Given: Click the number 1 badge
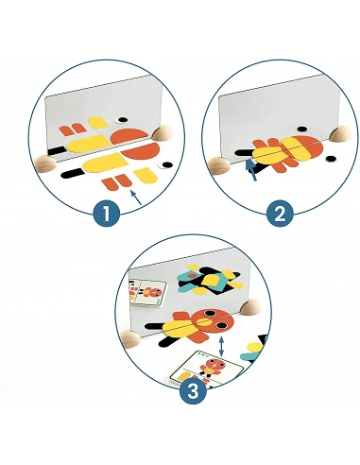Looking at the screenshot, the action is (x=107, y=214).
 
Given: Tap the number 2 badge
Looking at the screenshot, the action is (x=280, y=214).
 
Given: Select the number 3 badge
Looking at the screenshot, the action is (x=194, y=391).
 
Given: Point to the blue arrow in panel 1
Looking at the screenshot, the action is (x=136, y=198).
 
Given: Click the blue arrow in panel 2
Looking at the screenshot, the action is (x=251, y=170).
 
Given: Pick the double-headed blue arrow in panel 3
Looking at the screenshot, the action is (x=221, y=346).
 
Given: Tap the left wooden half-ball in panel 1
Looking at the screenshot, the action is (x=45, y=164).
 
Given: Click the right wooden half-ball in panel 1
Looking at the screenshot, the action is (x=163, y=132).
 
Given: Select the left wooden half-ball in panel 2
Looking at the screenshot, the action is (x=219, y=165).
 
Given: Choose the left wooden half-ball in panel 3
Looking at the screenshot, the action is (x=131, y=338).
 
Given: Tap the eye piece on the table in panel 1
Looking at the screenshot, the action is (x=165, y=164).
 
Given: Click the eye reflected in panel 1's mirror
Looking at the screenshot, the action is (x=122, y=120).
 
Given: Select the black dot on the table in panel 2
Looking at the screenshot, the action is (x=331, y=159).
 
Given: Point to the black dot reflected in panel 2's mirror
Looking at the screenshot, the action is (x=301, y=129).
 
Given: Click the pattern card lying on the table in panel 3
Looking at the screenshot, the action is (x=207, y=368).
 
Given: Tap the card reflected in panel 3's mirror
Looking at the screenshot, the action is (x=147, y=293).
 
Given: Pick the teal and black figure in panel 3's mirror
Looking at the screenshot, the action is (x=209, y=280).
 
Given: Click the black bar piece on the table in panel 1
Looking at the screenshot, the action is (x=72, y=173).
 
